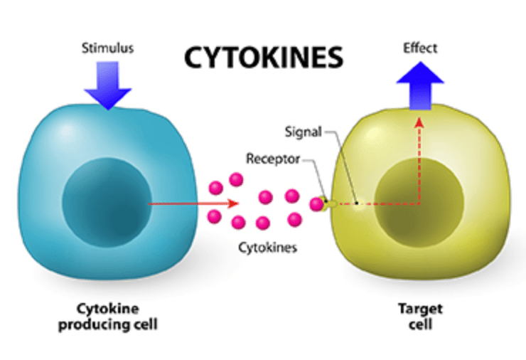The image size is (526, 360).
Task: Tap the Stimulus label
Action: click(107, 49)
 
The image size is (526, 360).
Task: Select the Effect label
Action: click(421, 48)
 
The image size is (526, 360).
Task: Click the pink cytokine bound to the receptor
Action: click(316, 204)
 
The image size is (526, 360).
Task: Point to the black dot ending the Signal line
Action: click(357, 203)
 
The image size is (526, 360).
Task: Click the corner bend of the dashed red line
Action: click(418, 204)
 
